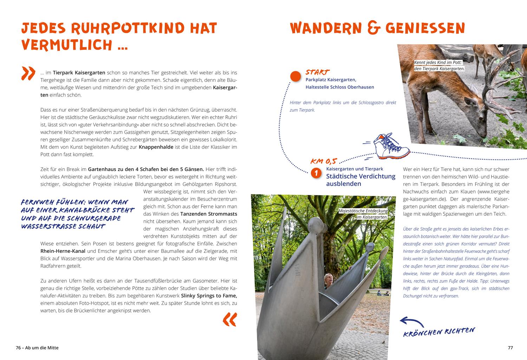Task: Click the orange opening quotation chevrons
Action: coord(28,73)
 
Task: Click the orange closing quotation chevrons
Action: coord(230,319)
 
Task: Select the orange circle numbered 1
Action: coord(317,173)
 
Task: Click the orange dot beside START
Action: coord(295,76)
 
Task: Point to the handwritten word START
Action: coord(317,72)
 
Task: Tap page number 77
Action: coord(510,348)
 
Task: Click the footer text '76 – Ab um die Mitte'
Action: coord(37,348)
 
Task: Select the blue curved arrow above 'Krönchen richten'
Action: coord(411,321)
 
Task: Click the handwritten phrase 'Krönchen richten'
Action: coord(439,332)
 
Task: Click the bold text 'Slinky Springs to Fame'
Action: coord(209,295)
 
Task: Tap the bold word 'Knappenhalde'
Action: coord(156,147)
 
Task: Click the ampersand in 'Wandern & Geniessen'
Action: coord(376,28)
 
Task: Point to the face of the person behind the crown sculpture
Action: coord(328,279)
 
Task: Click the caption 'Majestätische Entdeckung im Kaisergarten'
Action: coord(363,214)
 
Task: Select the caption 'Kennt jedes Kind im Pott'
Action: coord(439,66)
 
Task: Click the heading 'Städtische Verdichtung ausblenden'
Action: coord(360,180)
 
